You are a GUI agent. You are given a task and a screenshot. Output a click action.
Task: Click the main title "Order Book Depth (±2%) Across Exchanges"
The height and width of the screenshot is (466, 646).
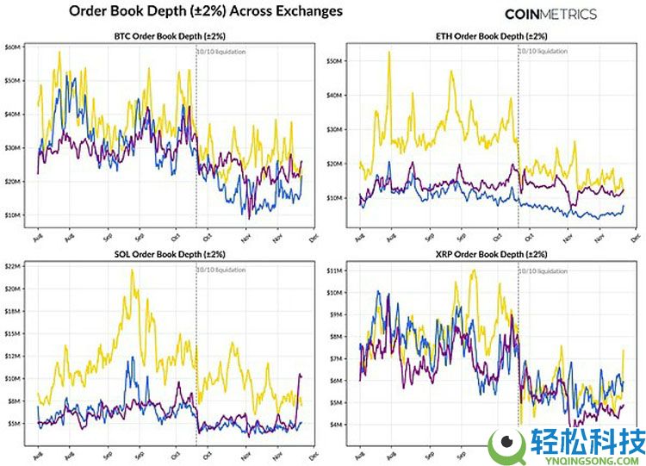pos(204,11)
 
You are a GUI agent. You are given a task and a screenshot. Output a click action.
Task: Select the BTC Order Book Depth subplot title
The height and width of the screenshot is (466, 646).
pos(170,36)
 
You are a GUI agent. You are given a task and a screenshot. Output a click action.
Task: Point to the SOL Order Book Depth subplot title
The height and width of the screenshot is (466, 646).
pos(170,255)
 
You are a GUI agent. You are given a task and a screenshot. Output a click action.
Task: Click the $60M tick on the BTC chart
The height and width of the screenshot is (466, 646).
pos(14,47)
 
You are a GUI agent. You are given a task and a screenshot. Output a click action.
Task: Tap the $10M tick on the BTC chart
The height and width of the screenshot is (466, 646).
pos(14,214)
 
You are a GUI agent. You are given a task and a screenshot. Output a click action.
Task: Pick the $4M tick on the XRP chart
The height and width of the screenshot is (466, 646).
pos(337,425)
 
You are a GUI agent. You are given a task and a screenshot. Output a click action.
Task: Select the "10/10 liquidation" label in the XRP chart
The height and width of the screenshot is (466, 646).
pos(544,270)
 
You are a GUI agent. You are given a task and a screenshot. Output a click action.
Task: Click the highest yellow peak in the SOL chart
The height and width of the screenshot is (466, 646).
pos(132,270)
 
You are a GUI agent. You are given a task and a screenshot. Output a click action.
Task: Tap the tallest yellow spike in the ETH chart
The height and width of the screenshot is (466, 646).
pos(389,53)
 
